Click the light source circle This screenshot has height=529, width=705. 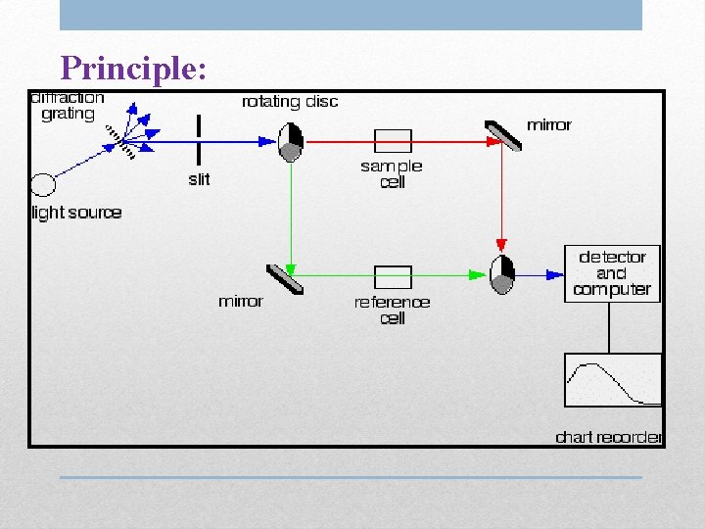click(43, 184)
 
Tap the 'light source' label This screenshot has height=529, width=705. click(77, 213)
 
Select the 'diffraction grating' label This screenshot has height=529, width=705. click(68, 106)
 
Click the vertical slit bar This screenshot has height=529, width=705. click(199, 141)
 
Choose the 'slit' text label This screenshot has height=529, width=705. click(199, 179)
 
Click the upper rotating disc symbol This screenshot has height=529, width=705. click(291, 141)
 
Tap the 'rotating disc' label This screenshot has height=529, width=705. click(290, 102)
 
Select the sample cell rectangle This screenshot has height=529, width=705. click(393, 140)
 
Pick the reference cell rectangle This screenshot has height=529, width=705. click(393, 276)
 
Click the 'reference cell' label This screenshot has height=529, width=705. click(393, 310)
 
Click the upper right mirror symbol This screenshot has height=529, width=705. click(502, 136)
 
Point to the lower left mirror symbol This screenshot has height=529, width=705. click(285, 278)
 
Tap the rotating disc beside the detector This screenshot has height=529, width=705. click(501, 274)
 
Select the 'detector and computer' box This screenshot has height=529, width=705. click(612, 273)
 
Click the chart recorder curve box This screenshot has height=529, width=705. click(613, 380)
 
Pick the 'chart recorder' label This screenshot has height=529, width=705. click(608, 437)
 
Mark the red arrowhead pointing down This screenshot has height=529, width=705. click(501, 245)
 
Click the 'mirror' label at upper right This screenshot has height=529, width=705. click(548, 124)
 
